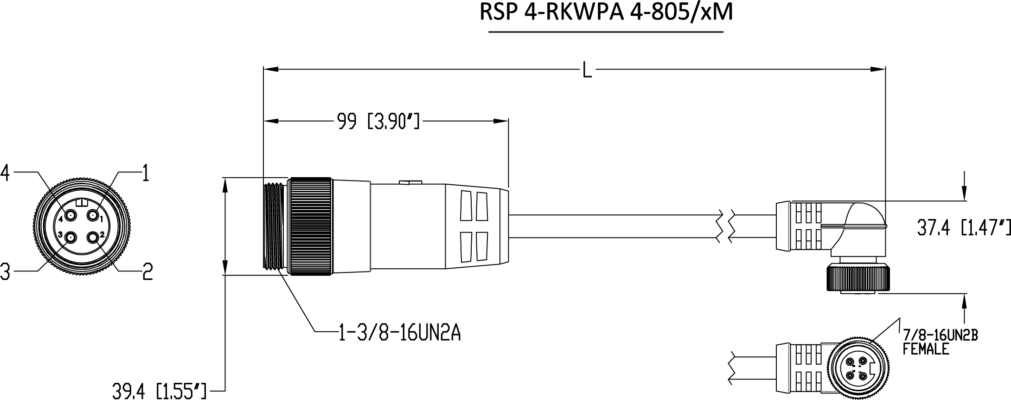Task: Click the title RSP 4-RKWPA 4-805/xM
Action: (x=606, y=13)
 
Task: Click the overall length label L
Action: (x=587, y=71)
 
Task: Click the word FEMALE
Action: (x=926, y=349)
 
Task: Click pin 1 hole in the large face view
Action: (x=94, y=216)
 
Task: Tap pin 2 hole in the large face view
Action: (x=94, y=238)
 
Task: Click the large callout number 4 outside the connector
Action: (x=5, y=173)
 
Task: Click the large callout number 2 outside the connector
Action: (x=147, y=271)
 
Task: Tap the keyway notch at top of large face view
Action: (x=82, y=202)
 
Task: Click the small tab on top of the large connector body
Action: (x=410, y=182)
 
